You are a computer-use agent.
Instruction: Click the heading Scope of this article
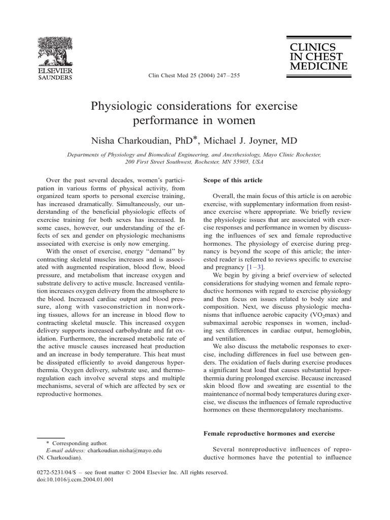(233, 180)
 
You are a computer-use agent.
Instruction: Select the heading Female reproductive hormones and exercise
(263, 433)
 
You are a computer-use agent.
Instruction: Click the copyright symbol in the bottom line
(128, 472)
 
